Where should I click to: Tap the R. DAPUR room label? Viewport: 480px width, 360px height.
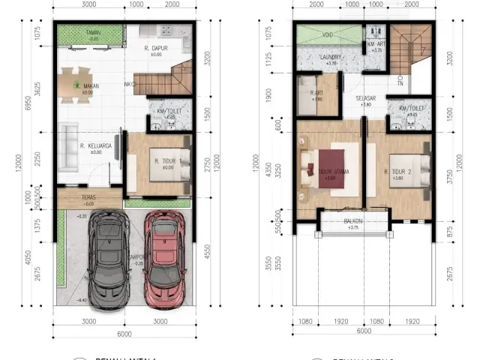156,49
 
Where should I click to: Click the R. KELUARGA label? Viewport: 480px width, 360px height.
95,147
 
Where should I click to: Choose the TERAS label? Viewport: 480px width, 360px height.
89,198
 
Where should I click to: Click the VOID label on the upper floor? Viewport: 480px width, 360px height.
328,34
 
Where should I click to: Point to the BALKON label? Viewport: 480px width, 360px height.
352,221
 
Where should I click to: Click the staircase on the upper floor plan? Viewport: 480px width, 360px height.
411,49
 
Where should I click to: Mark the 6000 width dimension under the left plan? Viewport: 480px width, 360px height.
124,333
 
